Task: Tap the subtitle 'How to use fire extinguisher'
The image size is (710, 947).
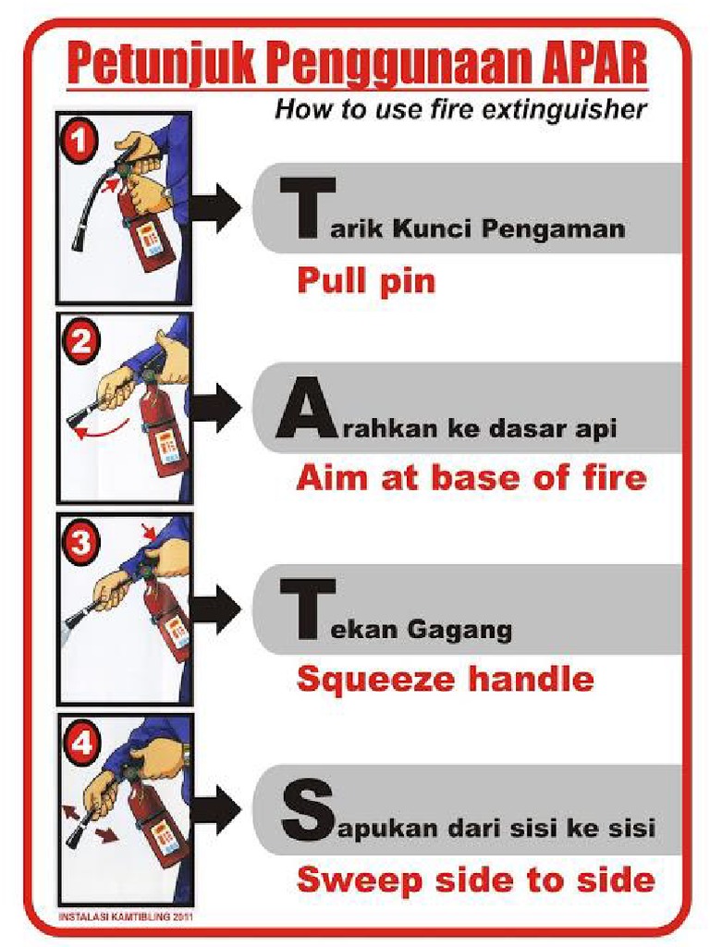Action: [x=459, y=110]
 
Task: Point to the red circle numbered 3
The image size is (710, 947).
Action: [x=80, y=543]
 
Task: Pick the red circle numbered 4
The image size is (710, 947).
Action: [x=80, y=744]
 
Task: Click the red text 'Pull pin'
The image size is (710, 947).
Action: [x=365, y=279]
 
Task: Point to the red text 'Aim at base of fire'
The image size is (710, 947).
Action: [x=471, y=478]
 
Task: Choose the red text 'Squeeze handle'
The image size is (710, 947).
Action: [x=445, y=680]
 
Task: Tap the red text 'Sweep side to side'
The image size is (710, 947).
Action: [x=475, y=879]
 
